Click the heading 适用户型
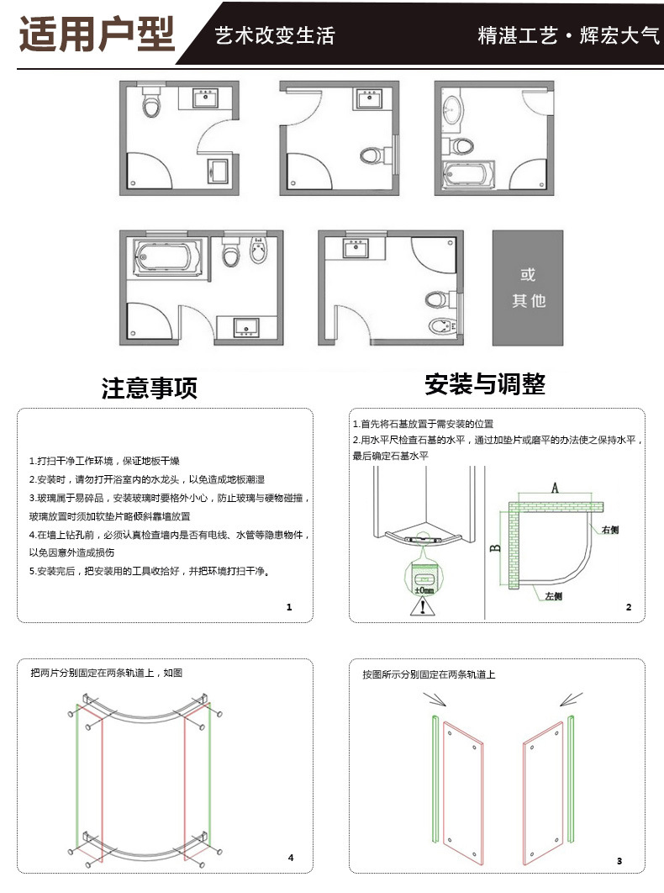[97, 34]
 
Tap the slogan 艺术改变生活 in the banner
[275, 36]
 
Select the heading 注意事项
[150, 388]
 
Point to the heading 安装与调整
[485, 383]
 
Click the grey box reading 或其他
[528, 288]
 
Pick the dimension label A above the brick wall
[555, 488]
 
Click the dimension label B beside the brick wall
[495, 548]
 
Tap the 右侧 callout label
[610, 530]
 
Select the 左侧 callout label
[554, 595]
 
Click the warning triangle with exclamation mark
[423, 606]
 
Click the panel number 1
[289, 607]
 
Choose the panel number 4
[291, 857]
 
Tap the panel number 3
[619, 860]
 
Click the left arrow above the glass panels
[435, 700]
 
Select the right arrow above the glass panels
[572, 700]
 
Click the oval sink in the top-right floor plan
[453, 109]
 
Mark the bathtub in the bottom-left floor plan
[167, 256]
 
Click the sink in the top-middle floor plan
[370, 98]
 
